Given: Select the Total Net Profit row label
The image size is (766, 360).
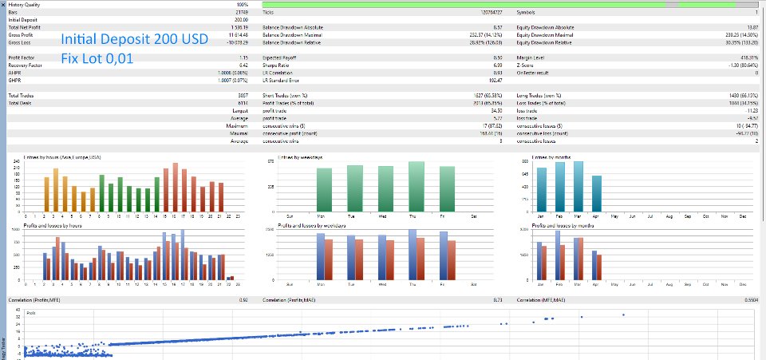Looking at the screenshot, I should click(x=26, y=27).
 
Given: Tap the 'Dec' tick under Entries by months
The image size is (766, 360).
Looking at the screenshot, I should click(x=743, y=216).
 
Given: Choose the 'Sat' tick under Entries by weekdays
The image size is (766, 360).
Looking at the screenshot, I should click(x=474, y=216).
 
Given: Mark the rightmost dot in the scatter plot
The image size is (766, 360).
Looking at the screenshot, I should click(x=622, y=315).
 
